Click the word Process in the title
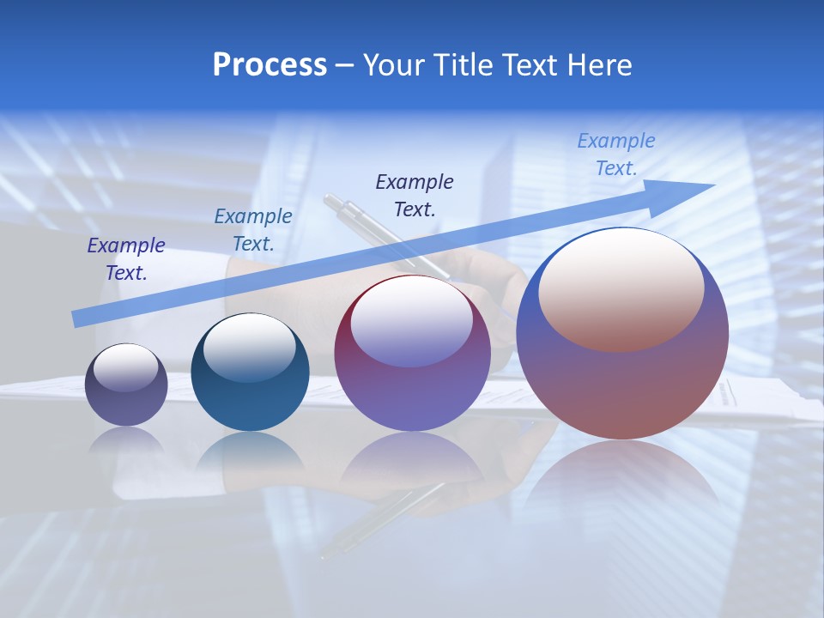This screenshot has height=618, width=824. pos(270,65)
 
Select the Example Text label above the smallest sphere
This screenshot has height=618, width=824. pos(126,259)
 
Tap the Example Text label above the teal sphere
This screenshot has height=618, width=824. pos(253,230)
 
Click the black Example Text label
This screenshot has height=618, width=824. pos(415,195)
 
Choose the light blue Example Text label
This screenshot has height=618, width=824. pos(615,154)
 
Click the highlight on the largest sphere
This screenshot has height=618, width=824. pos(621,288)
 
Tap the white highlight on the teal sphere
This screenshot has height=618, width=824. pos(249,346)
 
